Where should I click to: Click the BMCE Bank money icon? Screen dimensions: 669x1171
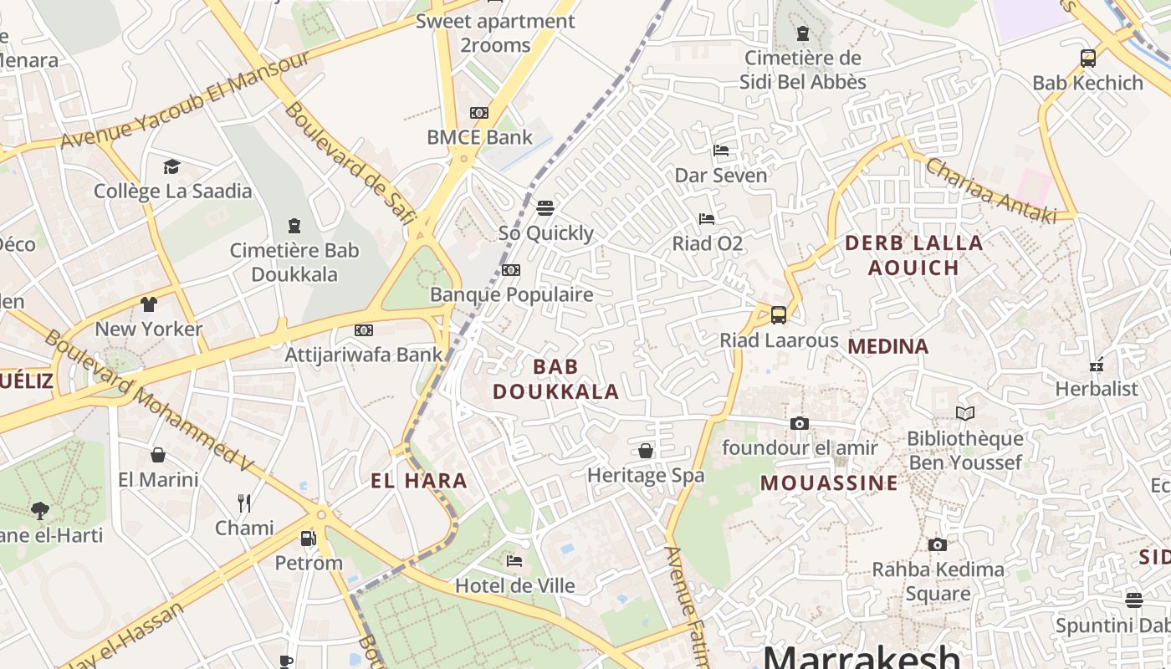pos(479,113)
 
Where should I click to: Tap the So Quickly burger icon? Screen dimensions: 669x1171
pos(545,207)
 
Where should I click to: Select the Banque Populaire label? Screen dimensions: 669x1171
pos(511,294)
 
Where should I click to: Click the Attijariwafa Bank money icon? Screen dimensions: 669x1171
pos(364,330)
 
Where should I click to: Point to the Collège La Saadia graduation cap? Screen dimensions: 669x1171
pos(171,166)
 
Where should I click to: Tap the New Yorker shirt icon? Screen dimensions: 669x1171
pos(149,304)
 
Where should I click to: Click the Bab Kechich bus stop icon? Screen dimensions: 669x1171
pos(1087,59)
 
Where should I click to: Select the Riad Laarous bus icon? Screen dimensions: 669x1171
pos(778,315)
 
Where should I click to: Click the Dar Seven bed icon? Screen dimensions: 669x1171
pos(721,151)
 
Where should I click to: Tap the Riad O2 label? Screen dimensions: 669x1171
pos(708,243)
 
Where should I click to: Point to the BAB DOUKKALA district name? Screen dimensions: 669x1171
pos(555,379)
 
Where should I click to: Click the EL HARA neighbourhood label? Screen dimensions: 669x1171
pos(418,481)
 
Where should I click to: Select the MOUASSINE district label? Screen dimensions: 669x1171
pos(829,483)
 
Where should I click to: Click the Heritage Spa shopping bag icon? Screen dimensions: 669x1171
pos(646,451)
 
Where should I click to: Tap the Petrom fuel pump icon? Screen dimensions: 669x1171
pos(309,539)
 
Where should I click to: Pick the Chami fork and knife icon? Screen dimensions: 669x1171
pos(244,503)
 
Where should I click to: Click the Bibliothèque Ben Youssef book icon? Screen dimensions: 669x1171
pos(964,413)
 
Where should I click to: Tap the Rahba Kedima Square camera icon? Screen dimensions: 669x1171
pos(938,545)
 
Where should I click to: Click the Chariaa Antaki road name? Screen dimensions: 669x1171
pos(990,191)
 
